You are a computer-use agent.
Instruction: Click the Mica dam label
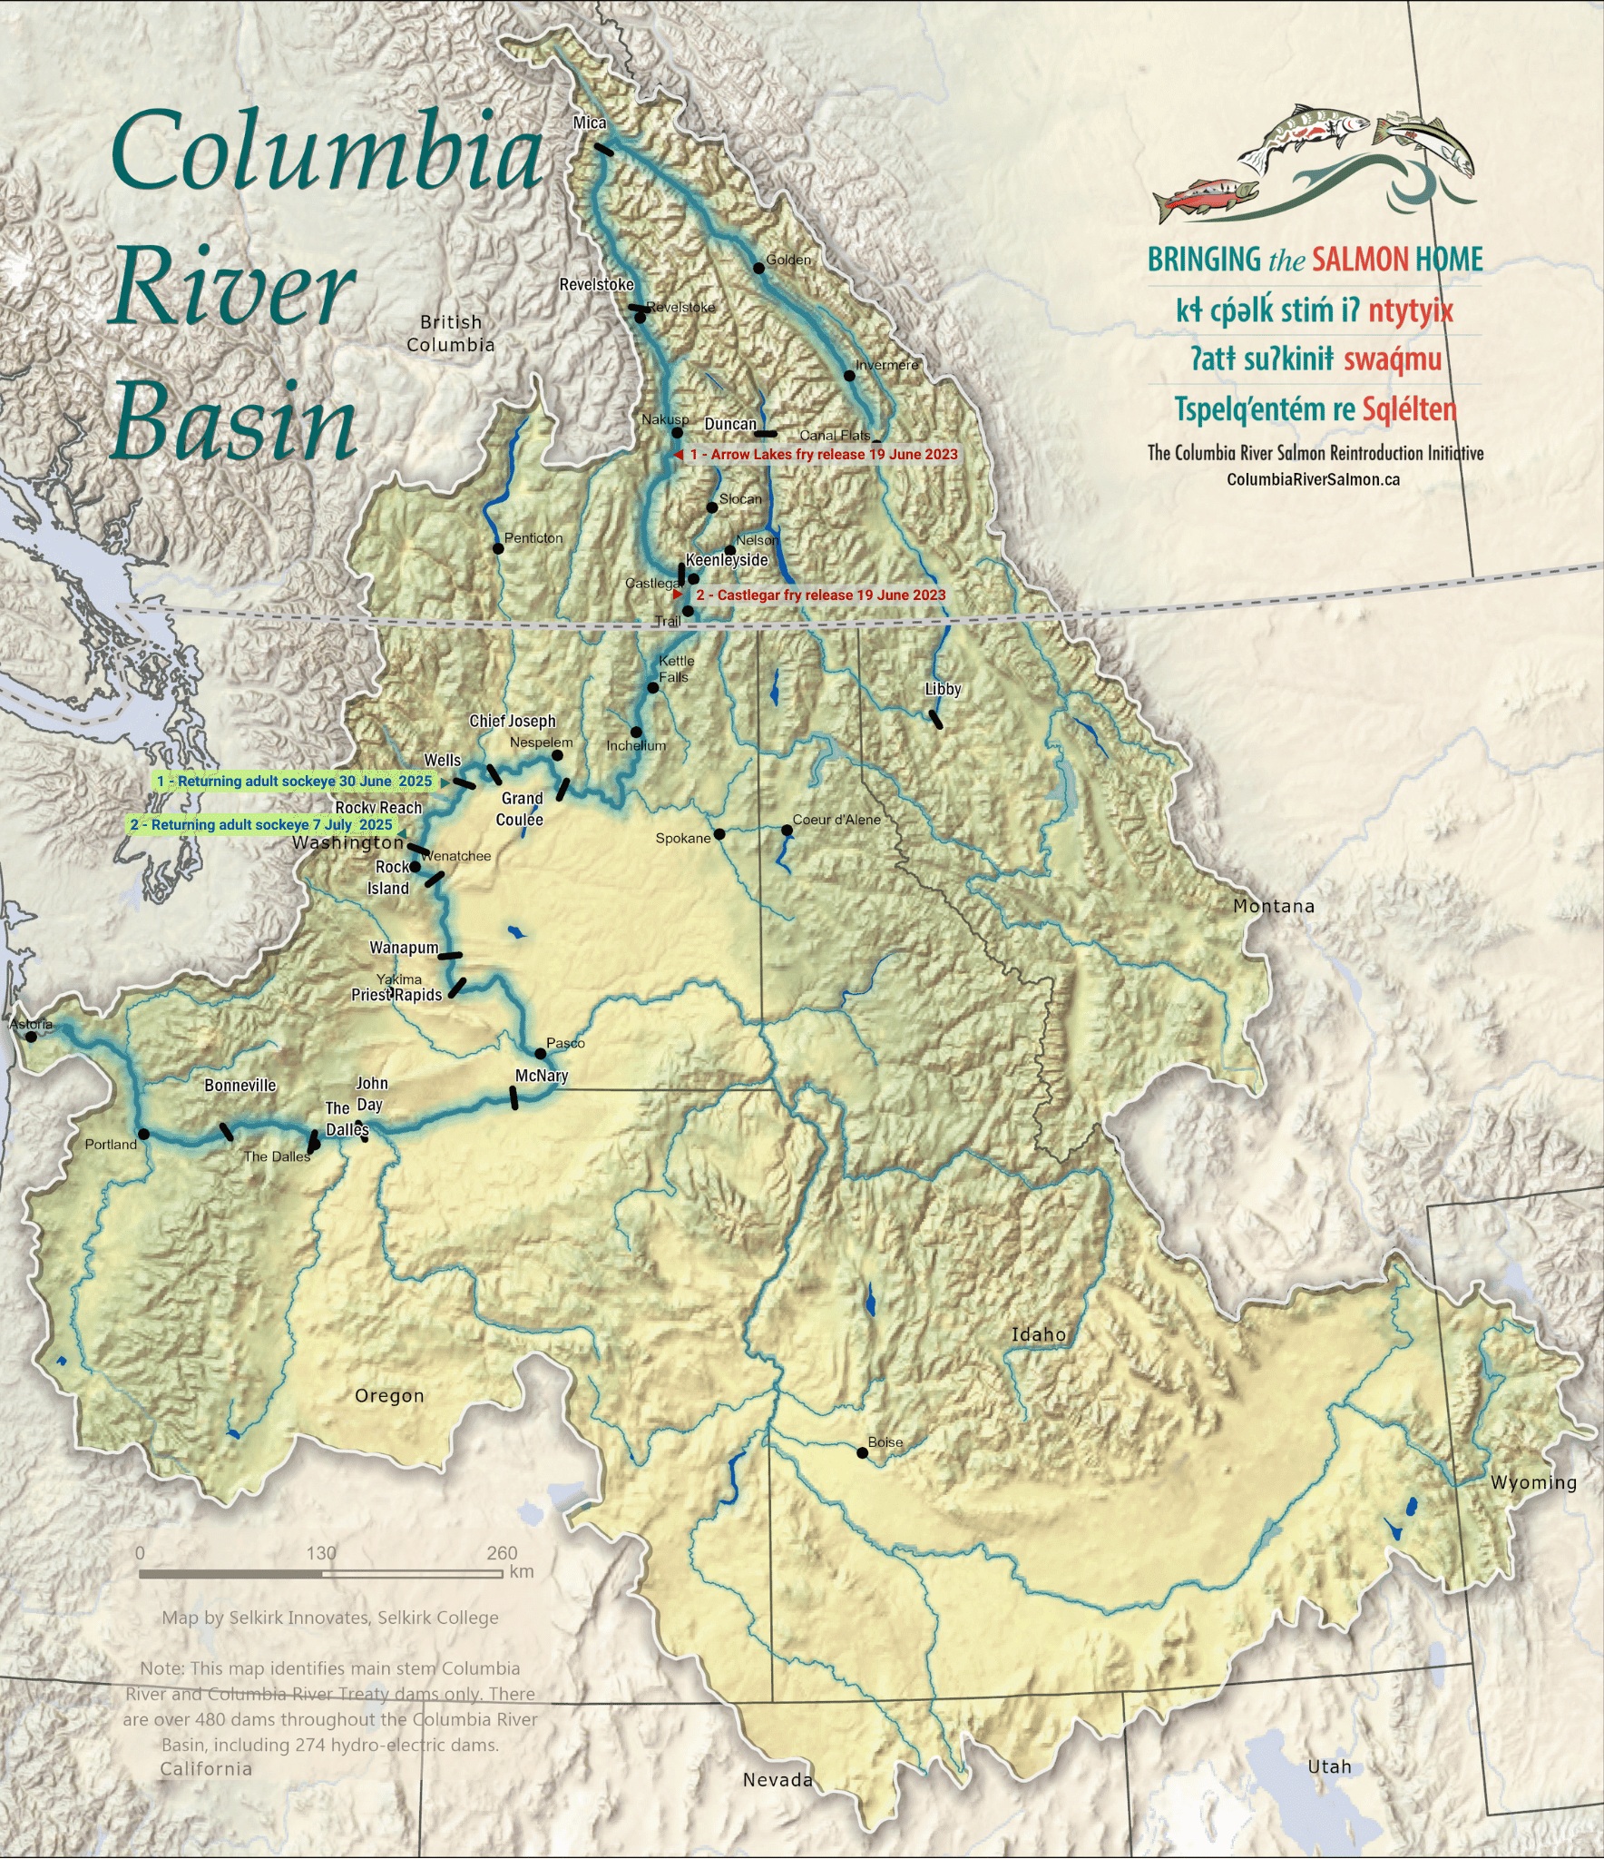pos(590,123)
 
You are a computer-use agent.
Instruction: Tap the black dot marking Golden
pos(759,268)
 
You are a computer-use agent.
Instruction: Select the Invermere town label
pos(887,365)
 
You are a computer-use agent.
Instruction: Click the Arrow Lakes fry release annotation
pos(823,454)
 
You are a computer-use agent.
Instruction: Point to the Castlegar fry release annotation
pos(820,595)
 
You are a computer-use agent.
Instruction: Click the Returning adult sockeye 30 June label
pos(294,782)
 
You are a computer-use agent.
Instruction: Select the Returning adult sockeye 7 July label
pos(261,825)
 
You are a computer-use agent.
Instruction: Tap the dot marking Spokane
pos(719,834)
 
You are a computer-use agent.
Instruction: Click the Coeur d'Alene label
pos(836,820)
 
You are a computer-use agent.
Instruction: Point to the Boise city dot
pos(863,1452)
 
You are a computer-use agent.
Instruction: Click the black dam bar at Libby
pos(936,720)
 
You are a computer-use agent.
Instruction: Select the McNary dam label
pos(542,1076)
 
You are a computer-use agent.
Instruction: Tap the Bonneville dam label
pos(240,1086)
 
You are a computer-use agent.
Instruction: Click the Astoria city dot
pos(32,1037)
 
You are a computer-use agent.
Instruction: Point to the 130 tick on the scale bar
pos(321,1553)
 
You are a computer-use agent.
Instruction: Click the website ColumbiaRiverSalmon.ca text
pos(1313,479)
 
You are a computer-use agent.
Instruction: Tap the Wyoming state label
pos(1533,1482)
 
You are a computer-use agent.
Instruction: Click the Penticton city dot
pos(497,548)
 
